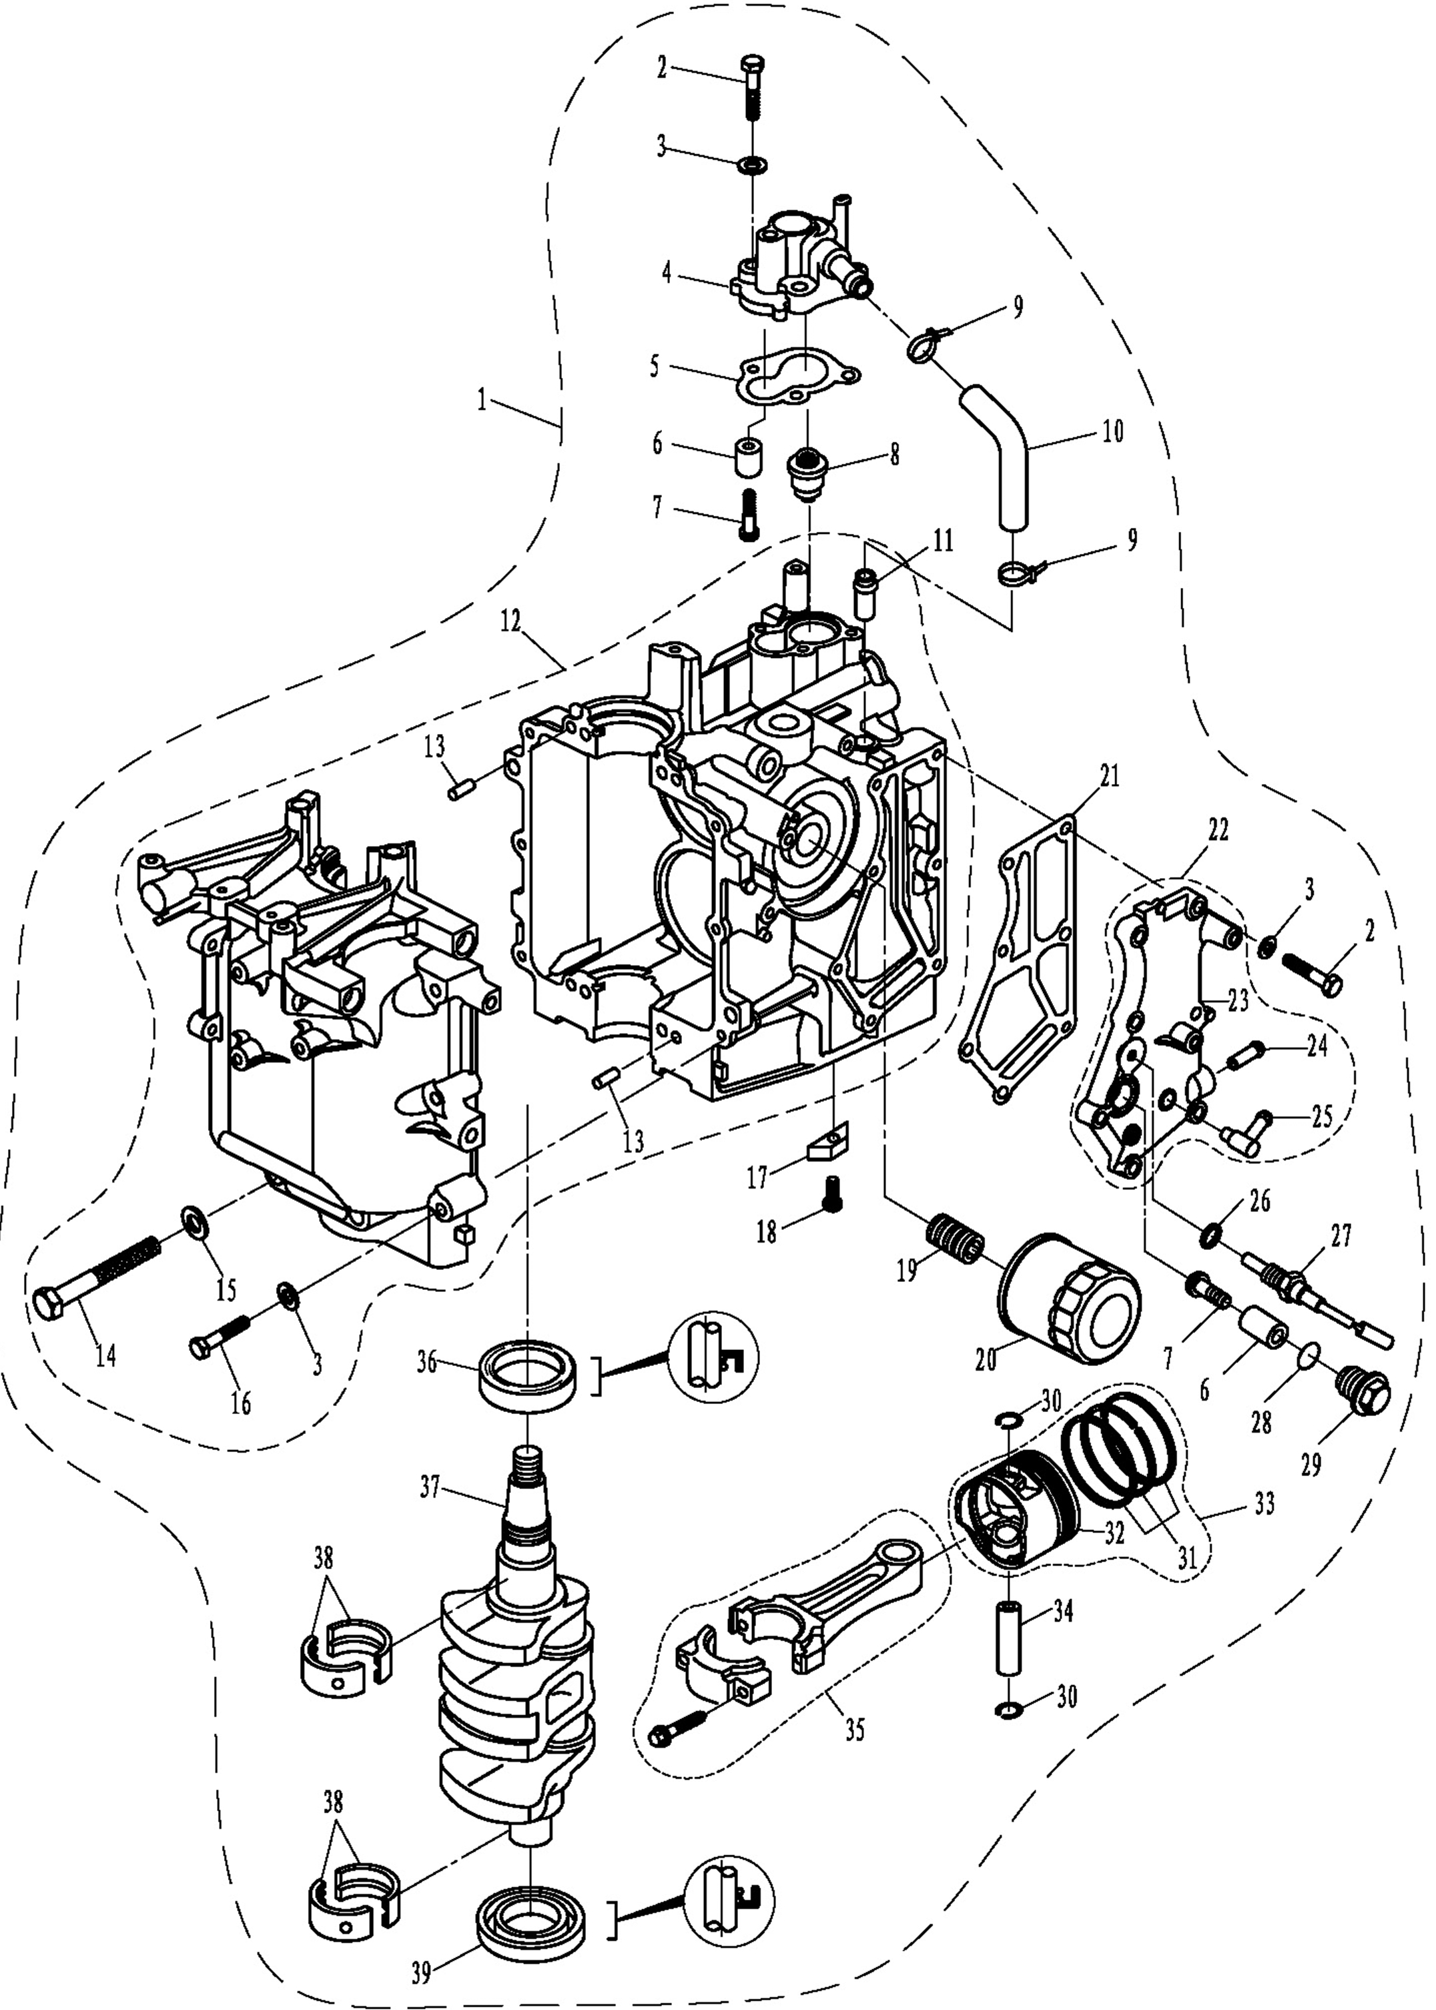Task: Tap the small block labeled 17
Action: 829,1142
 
